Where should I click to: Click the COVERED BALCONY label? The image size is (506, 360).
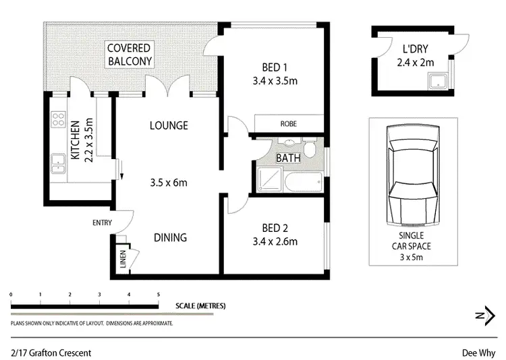(128, 55)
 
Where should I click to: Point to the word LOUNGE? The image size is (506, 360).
(169, 125)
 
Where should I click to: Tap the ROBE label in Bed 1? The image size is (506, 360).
(288, 124)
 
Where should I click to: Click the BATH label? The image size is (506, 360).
(288, 158)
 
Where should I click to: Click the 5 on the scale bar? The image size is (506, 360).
(158, 295)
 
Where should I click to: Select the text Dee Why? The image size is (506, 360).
(480, 353)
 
